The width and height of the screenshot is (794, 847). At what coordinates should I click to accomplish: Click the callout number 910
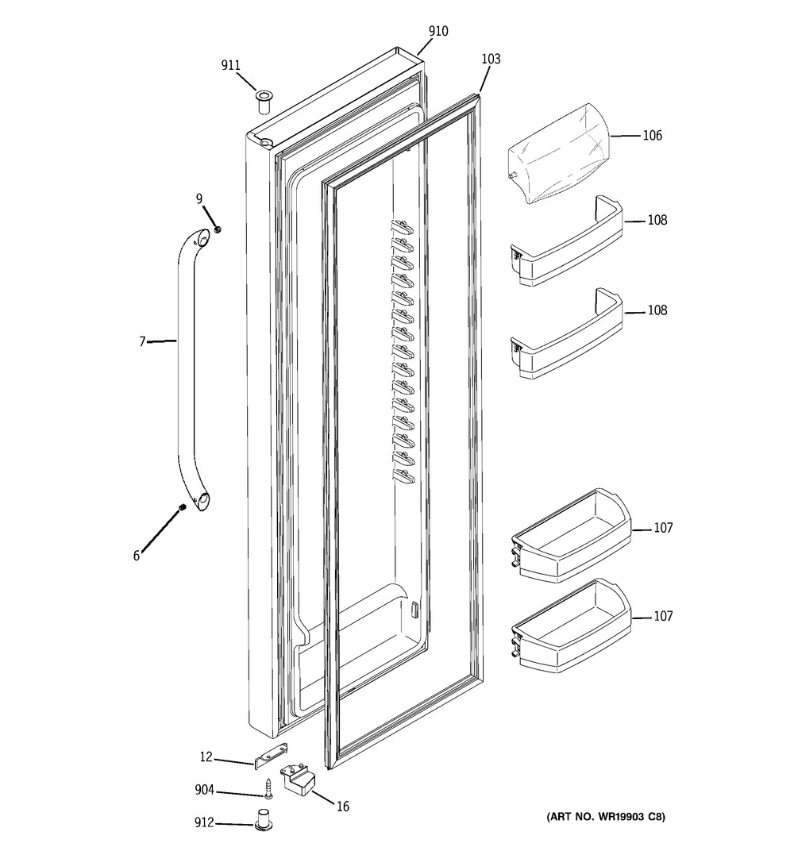[x=438, y=31]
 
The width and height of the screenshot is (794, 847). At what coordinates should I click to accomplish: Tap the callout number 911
[x=230, y=65]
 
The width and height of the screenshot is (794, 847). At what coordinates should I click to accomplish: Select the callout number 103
[x=491, y=58]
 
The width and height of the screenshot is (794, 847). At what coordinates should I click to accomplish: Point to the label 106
[x=652, y=135]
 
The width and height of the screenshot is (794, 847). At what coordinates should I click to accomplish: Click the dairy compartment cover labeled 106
[x=558, y=153]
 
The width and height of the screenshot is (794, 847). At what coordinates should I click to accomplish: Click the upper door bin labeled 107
[x=571, y=535]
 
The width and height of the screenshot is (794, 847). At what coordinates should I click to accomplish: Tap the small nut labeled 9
[x=218, y=230]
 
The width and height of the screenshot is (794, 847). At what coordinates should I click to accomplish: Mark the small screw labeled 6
[x=183, y=507]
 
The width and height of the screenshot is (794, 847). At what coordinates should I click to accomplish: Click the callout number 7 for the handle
[x=143, y=341]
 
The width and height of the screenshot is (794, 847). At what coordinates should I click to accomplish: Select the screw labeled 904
[x=268, y=787]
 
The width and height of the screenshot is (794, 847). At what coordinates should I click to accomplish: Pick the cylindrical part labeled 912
[x=263, y=818]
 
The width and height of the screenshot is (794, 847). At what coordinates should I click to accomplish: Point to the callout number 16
[x=342, y=807]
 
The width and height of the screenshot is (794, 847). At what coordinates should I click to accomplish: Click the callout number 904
[x=204, y=791]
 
